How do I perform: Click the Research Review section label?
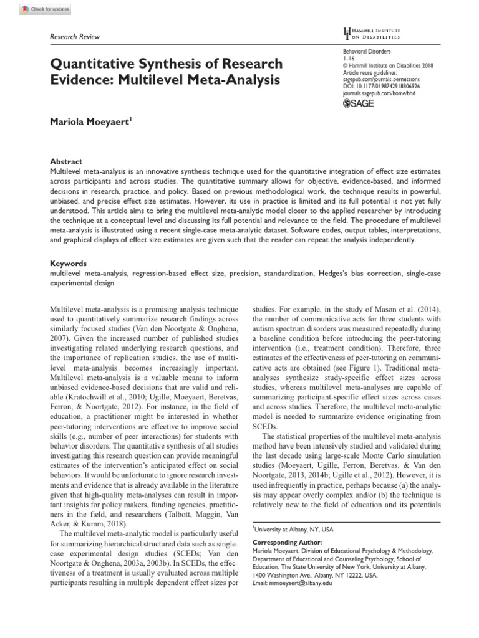pos(74,37)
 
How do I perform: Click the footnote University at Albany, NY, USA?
pos(293,529)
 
